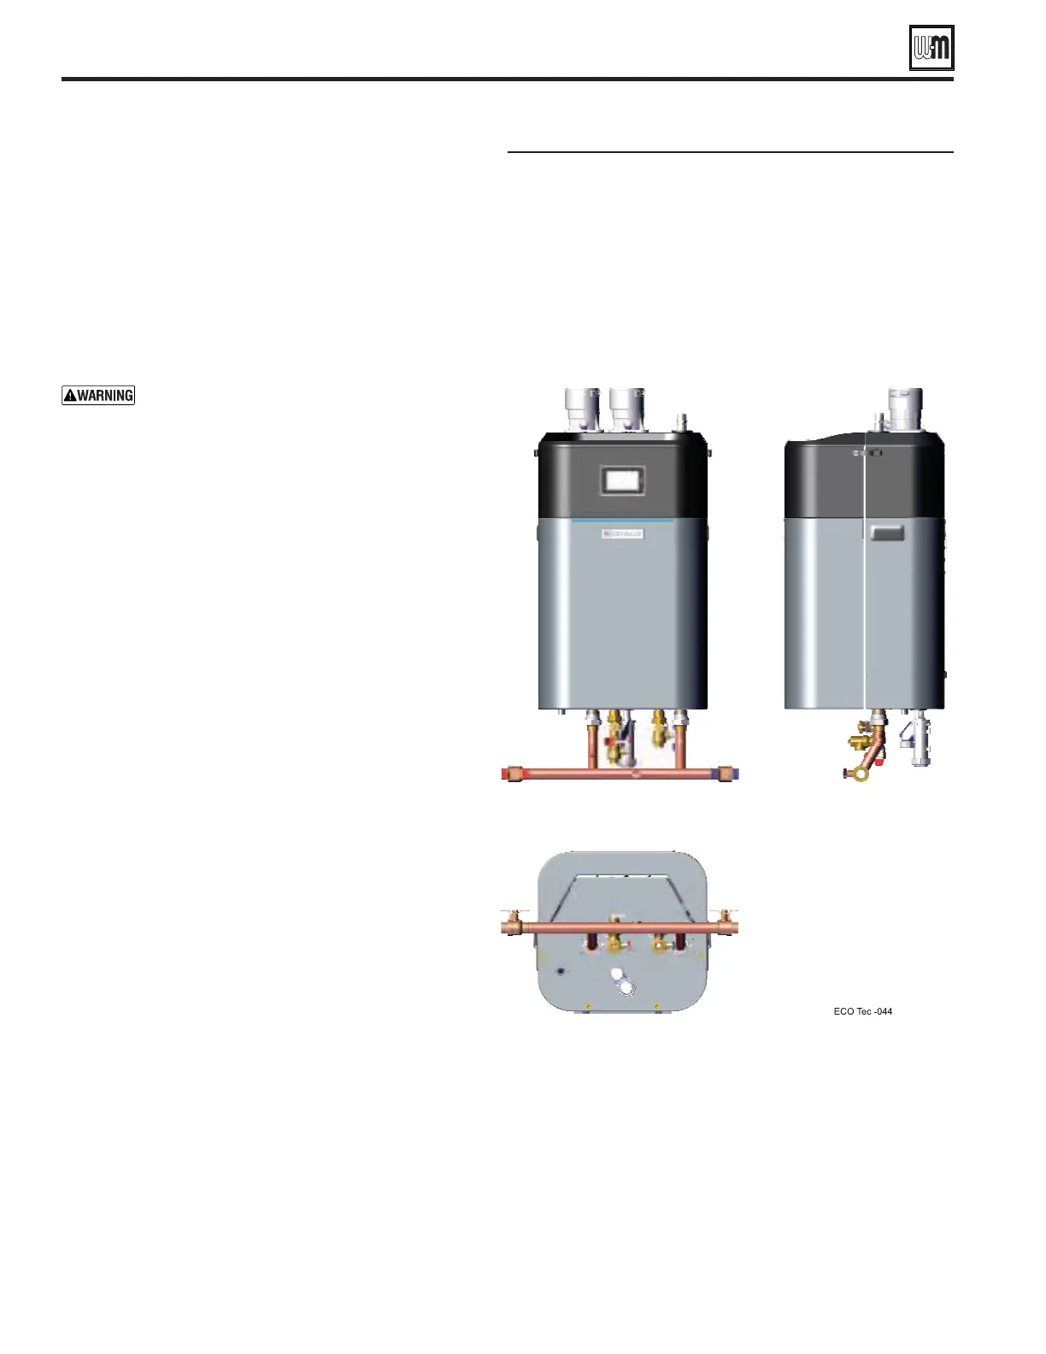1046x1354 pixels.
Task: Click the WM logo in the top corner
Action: click(x=931, y=48)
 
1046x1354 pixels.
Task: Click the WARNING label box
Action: click(x=98, y=395)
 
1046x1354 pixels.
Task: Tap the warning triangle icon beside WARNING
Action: click(x=70, y=395)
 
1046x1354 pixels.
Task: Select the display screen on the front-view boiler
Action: click(x=621, y=479)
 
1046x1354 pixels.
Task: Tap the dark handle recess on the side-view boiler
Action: click(x=886, y=535)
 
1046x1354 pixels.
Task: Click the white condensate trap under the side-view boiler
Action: click(x=919, y=742)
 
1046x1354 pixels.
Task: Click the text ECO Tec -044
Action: click(x=863, y=1011)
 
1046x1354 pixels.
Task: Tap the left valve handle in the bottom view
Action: click(x=614, y=945)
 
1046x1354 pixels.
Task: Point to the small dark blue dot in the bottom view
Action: click(x=560, y=972)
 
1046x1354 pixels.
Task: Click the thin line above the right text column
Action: click(x=730, y=153)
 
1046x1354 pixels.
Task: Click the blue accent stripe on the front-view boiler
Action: click(x=622, y=519)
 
